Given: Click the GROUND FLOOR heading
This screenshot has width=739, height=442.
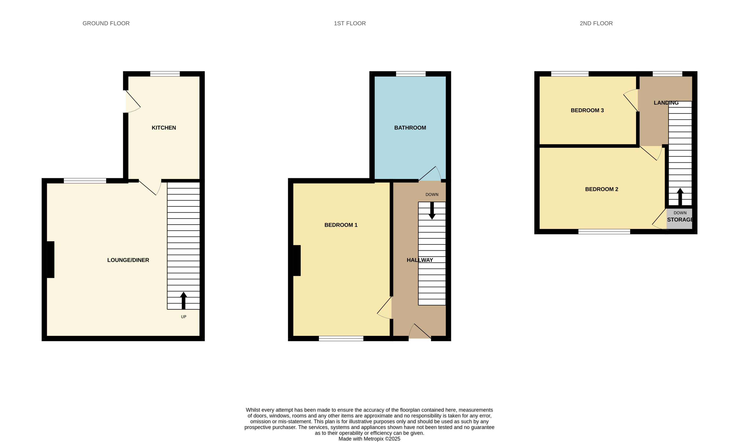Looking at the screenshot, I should (106, 23).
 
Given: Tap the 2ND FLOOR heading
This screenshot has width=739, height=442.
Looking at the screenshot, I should (596, 23).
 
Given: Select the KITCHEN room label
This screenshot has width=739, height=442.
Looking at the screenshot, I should (164, 128).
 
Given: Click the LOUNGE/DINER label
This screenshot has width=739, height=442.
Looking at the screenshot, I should (128, 260).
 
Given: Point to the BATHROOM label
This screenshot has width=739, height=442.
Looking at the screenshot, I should (410, 128).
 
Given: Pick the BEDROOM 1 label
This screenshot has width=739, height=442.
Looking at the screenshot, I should (341, 225).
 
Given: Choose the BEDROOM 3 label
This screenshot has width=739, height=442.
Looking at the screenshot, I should (587, 110).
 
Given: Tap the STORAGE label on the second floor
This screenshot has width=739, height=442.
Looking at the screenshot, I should (680, 220).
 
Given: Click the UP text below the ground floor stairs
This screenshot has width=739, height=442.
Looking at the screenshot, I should (184, 317).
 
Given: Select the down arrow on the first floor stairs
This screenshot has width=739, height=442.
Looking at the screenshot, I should (432, 211).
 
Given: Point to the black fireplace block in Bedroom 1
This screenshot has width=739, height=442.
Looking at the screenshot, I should (297, 260).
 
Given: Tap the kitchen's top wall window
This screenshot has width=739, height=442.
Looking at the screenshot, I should (165, 74).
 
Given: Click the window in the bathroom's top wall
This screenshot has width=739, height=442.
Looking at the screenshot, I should (410, 74).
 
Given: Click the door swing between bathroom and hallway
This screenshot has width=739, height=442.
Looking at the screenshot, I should (430, 175).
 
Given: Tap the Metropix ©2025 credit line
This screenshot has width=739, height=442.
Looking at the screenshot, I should (369, 439).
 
